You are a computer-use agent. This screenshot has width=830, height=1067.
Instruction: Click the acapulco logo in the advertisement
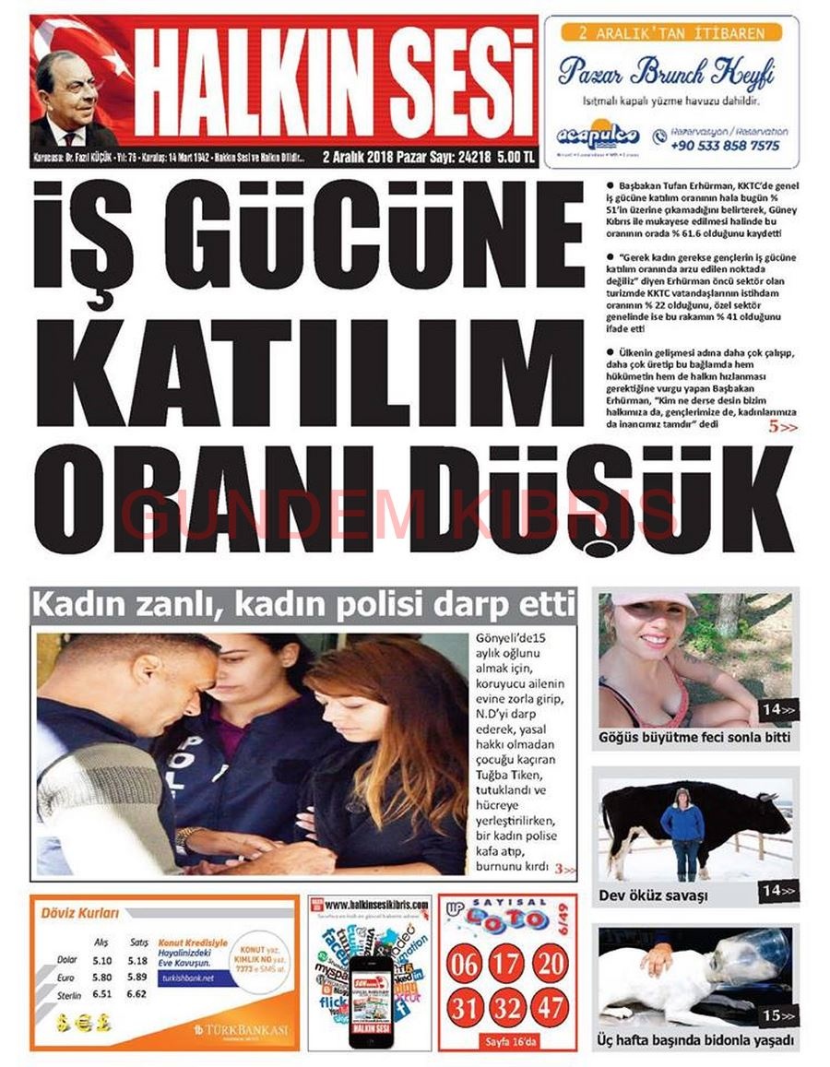598,136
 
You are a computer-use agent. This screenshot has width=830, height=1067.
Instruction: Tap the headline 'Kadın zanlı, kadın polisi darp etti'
304,606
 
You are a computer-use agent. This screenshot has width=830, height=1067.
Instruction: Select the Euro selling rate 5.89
138,978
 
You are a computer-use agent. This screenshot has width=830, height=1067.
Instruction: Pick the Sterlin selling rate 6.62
138,995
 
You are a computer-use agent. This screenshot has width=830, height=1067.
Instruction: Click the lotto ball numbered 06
463,964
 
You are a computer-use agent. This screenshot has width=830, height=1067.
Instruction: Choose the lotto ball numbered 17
506,964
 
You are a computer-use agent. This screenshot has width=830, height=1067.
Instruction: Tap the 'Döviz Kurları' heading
80,914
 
